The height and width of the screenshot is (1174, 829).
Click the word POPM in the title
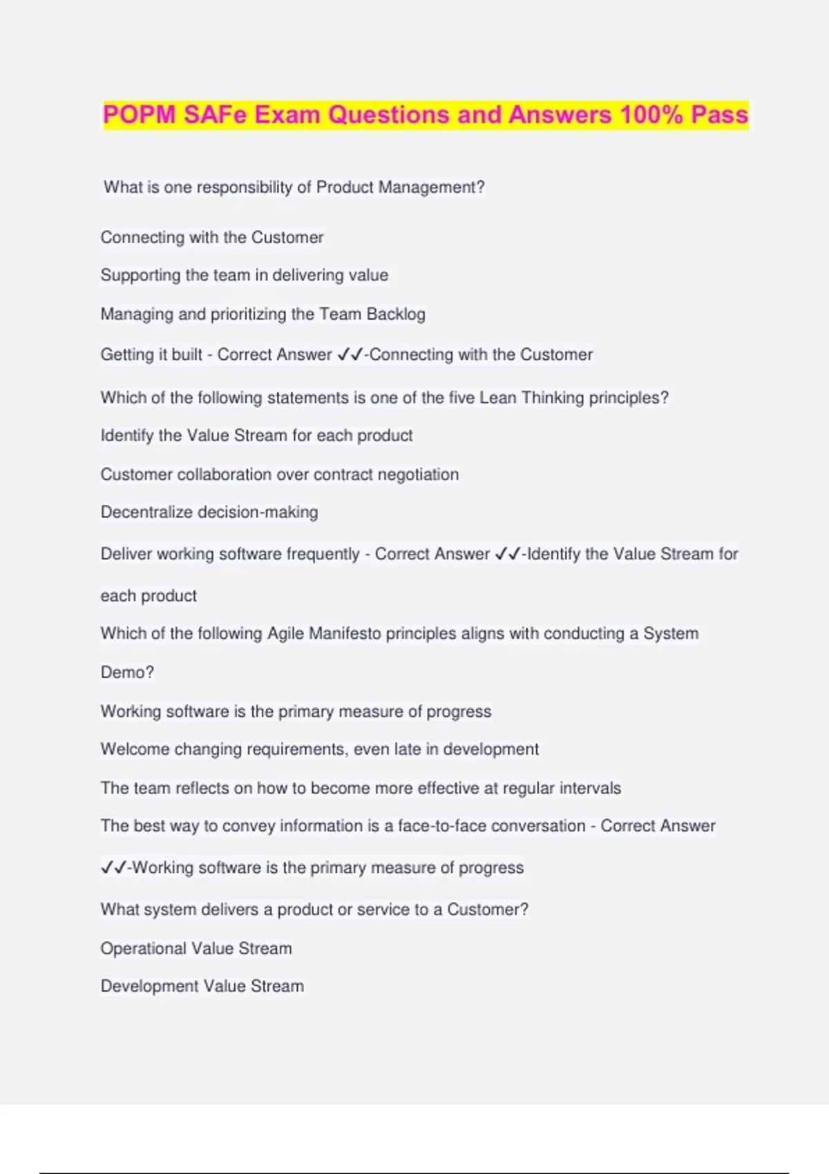(139, 115)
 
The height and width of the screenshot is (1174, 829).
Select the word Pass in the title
(719, 115)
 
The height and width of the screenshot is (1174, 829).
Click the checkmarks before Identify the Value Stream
(508, 554)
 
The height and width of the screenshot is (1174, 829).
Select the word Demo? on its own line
(127, 672)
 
